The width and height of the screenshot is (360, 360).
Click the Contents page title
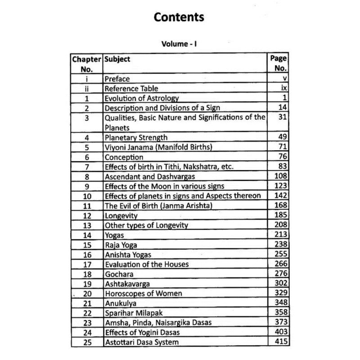click(x=180, y=18)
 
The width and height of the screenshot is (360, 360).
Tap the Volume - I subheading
click(x=180, y=45)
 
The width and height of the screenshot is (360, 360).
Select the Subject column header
click(x=117, y=59)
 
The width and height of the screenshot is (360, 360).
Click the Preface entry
click(x=117, y=79)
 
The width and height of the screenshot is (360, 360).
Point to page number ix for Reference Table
click(x=283, y=89)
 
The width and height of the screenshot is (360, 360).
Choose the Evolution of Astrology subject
click(x=142, y=98)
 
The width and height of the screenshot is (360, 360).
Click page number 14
click(x=282, y=108)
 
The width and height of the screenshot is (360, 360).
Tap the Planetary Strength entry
click(x=136, y=138)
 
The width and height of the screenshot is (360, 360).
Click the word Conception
click(x=124, y=157)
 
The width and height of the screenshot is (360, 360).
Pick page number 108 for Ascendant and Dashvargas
click(x=280, y=176)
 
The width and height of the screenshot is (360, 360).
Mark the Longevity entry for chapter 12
click(x=121, y=215)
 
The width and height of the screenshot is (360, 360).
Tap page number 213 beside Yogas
click(x=280, y=234)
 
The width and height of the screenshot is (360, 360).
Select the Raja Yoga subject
click(x=121, y=244)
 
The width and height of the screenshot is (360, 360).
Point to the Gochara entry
click(x=119, y=274)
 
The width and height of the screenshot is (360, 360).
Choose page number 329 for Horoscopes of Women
click(x=280, y=293)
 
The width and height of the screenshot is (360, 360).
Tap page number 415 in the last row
click(x=280, y=342)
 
